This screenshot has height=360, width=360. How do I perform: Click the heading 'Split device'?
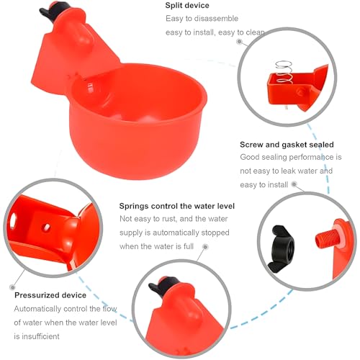(x=187, y=6)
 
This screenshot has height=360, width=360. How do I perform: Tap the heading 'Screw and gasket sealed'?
(x=287, y=145)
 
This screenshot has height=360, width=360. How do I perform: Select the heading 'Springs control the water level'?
(x=177, y=206)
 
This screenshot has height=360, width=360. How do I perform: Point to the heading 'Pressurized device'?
(x=50, y=295)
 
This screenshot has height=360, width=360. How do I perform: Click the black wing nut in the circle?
(x=282, y=248)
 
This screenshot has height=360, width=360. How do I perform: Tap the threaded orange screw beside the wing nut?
(x=325, y=238)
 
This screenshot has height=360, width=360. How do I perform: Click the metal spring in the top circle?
(x=284, y=72)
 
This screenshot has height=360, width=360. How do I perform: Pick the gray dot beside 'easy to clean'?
(x=239, y=42)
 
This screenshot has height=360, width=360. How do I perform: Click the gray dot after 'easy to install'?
(x=294, y=184)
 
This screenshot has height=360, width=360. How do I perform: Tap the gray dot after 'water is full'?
(x=205, y=247)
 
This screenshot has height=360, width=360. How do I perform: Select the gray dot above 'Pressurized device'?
(x=12, y=287)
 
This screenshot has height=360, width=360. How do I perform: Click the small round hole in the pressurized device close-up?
(x=45, y=228)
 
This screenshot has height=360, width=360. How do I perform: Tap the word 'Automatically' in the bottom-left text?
(x=37, y=309)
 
